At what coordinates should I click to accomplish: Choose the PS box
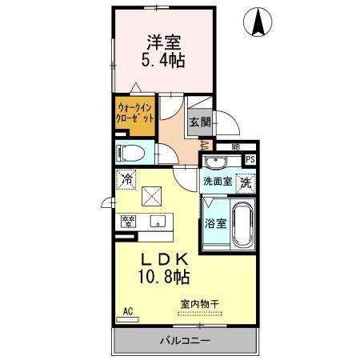coord(250,159)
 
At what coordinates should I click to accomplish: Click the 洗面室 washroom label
coord(216,182)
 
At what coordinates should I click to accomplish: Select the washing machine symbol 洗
coord(246,182)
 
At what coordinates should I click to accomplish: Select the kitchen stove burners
coord(128,221)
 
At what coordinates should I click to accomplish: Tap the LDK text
coord(166,260)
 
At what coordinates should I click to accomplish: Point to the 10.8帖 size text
coord(166,278)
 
